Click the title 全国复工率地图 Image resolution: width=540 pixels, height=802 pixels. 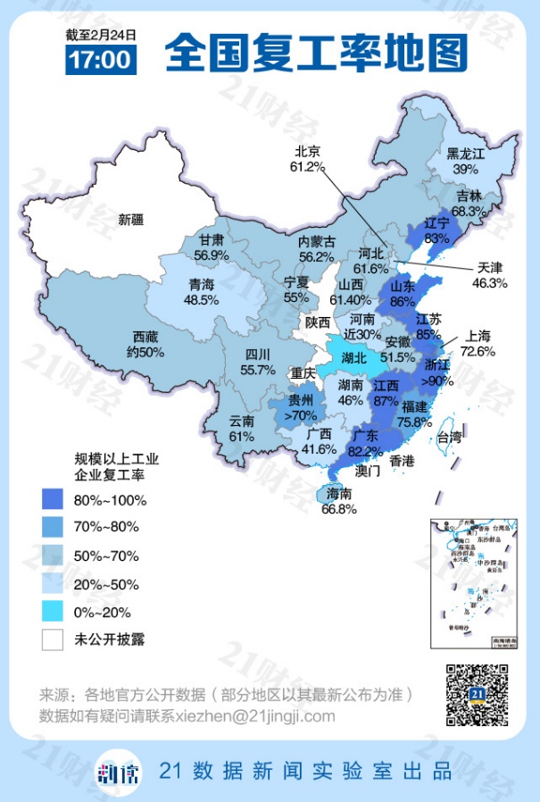[316, 52]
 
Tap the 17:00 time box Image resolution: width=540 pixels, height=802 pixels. [101, 60]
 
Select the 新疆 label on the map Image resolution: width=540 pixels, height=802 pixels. [131, 220]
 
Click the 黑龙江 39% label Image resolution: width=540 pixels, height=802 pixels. [465, 162]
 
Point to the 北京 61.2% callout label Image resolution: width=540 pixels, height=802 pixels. [305, 158]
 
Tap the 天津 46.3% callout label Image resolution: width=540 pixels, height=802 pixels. [490, 275]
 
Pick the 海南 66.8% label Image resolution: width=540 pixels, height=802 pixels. [338, 501]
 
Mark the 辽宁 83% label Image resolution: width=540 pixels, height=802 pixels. [436, 232]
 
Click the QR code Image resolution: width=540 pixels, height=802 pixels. [477, 695]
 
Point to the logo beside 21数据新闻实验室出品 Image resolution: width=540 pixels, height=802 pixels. [119, 771]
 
